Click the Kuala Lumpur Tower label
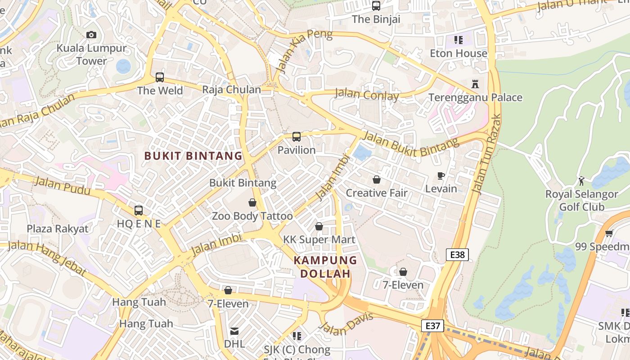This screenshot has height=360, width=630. (91, 54)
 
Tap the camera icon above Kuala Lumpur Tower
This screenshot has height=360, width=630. (91, 35)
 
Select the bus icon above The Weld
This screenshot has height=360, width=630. (160, 77)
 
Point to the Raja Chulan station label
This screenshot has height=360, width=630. (231, 90)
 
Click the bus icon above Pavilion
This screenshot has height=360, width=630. (297, 137)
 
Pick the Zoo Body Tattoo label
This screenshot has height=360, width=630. (252, 216)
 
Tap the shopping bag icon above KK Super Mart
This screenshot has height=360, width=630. (319, 226)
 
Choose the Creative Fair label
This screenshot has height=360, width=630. (376, 193)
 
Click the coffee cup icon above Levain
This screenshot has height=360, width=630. (441, 175)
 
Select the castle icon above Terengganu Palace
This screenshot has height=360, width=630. (475, 84)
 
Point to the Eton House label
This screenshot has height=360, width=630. (459, 54)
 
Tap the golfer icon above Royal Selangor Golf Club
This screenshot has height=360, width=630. (581, 181)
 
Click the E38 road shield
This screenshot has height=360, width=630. (457, 255)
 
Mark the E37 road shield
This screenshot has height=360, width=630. (433, 326)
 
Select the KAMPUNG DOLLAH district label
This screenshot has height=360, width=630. (325, 267)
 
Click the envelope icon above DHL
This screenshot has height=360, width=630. (234, 332)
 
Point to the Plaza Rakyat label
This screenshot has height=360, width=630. (58, 229)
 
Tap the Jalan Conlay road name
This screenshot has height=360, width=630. (367, 95)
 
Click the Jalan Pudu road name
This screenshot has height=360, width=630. (62, 185)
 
